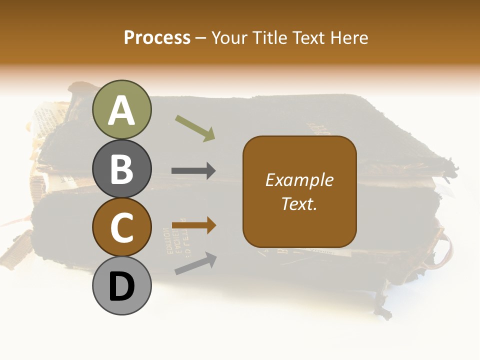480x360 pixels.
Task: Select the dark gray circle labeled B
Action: (x=122, y=168)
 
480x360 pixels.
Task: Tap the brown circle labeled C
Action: (x=122, y=227)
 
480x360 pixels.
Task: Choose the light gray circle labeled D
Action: (x=122, y=286)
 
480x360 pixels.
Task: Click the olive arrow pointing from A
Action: (x=195, y=128)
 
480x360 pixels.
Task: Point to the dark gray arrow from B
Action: (x=194, y=171)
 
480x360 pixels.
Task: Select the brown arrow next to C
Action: (x=194, y=225)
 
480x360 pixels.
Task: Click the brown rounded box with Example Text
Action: (x=299, y=191)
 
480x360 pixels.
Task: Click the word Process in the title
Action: (x=157, y=37)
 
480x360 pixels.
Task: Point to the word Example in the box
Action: (x=299, y=180)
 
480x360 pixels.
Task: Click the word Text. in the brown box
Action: (x=299, y=203)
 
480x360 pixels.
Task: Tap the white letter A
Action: (x=122, y=110)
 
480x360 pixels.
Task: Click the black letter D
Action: (x=122, y=287)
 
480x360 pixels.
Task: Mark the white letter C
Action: (x=122, y=228)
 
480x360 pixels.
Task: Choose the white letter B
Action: (x=122, y=169)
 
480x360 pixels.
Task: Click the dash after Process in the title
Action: (x=201, y=38)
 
